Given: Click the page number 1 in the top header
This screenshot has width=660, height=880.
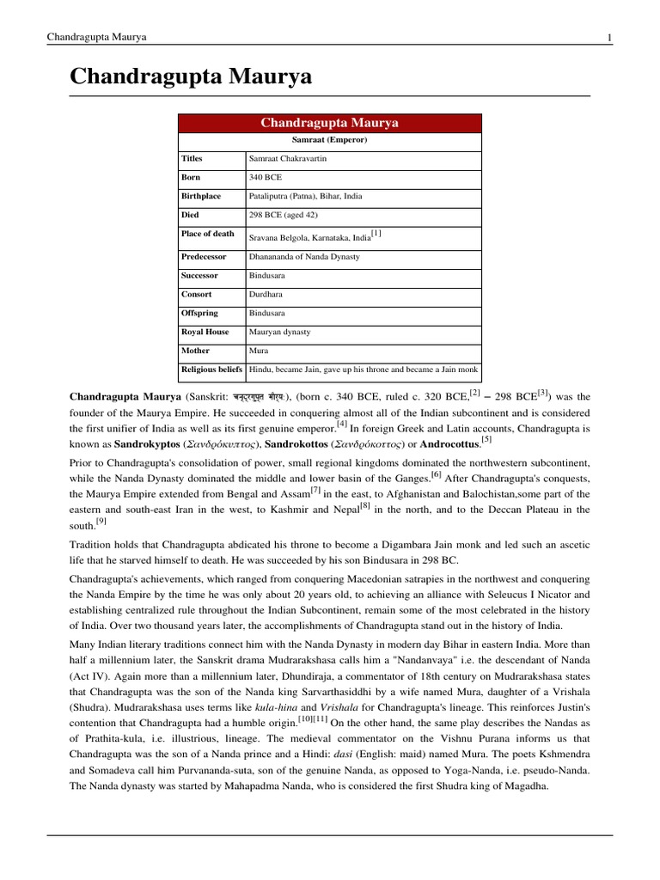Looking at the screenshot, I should pyautogui.click(x=609, y=37).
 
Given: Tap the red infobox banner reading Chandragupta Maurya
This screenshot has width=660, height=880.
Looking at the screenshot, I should pyautogui.click(x=329, y=123).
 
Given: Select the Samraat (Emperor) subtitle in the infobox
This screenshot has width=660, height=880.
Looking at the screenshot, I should pyautogui.click(x=329, y=140).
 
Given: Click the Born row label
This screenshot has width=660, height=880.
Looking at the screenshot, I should pyautogui.click(x=192, y=178).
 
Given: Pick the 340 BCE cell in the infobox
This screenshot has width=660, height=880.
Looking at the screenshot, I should pyautogui.click(x=265, y=178).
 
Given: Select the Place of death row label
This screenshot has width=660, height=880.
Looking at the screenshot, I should pyautogui.click(x=207, y=234).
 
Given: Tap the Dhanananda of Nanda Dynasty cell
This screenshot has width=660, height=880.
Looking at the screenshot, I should pyautogui.click(x=304, y=257).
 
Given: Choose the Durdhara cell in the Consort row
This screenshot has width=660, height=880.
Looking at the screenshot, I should pyautogui.click(x=266, y=294).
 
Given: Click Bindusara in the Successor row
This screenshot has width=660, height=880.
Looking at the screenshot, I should pyautogui.click(x=268, y=276).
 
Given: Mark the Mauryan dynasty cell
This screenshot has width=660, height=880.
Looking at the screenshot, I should pyautogui.click(x=279, y=332).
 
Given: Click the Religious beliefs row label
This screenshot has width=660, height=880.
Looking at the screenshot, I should pyautogui.click(x=211, y=370).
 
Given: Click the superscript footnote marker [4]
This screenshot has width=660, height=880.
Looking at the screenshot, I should pyautogui.click(x=342, y=423).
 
